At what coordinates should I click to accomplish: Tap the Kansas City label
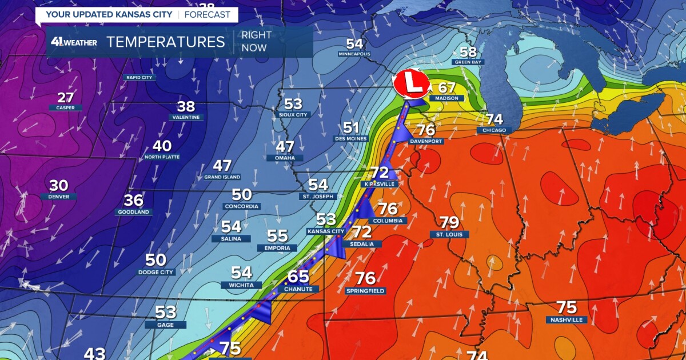click(x=326, y=231)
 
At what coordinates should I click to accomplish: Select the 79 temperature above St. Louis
click(x=449, y=222)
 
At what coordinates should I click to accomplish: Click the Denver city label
click(x=58, y=197)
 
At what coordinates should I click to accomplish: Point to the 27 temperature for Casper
click(x=65, y=97)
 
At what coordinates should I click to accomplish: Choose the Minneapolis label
click(x=354, y=54)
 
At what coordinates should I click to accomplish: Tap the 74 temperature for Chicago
click(x=494, y=119)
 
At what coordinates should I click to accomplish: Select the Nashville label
click(x=566, y=319)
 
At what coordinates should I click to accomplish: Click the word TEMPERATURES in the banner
click(x=166, y=42)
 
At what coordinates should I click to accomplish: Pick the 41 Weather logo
click(x=74, y=42)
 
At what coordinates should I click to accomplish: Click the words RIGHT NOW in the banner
click(x=256, y=42)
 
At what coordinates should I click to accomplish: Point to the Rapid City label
click(x=139, y=77)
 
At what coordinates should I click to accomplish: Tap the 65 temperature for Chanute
click(x=298, y=277)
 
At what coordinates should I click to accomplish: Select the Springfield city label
click(x=365, y=291)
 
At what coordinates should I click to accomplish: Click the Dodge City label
click(x=155, y=273)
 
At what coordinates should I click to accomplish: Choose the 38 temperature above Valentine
click(x=186, y=106)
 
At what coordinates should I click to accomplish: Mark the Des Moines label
click(x=351, y=139)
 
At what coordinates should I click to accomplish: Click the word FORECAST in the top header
click(x=208, y=14)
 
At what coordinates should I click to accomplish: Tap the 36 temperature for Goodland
click(x=134, y=201)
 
